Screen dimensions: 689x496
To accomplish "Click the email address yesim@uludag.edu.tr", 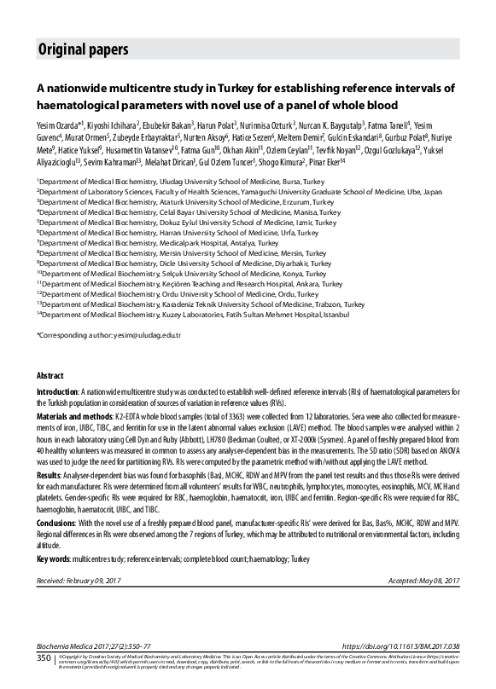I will click(x=153, y=335).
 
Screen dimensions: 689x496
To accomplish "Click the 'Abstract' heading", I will click(x=50, y=375).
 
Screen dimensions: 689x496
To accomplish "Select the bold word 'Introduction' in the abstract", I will click(x=57, y=389).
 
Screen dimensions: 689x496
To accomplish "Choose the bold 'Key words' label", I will click(x=53, y=558).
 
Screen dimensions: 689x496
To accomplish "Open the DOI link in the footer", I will click(x=401, y=647).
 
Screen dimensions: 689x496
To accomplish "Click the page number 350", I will click(x=44, y=658).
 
